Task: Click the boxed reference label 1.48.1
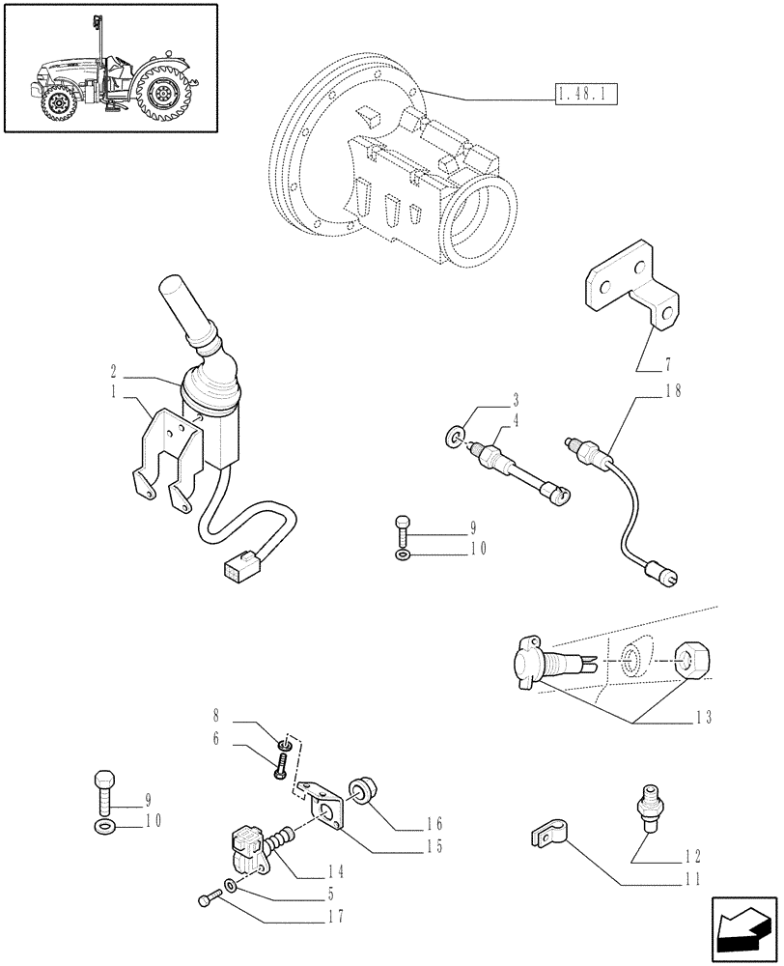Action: point(586,94)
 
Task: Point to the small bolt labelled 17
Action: point(206,901)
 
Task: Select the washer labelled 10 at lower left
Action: point(103,827)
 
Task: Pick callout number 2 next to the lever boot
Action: point(114,370)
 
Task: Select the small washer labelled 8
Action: point(284,744)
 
